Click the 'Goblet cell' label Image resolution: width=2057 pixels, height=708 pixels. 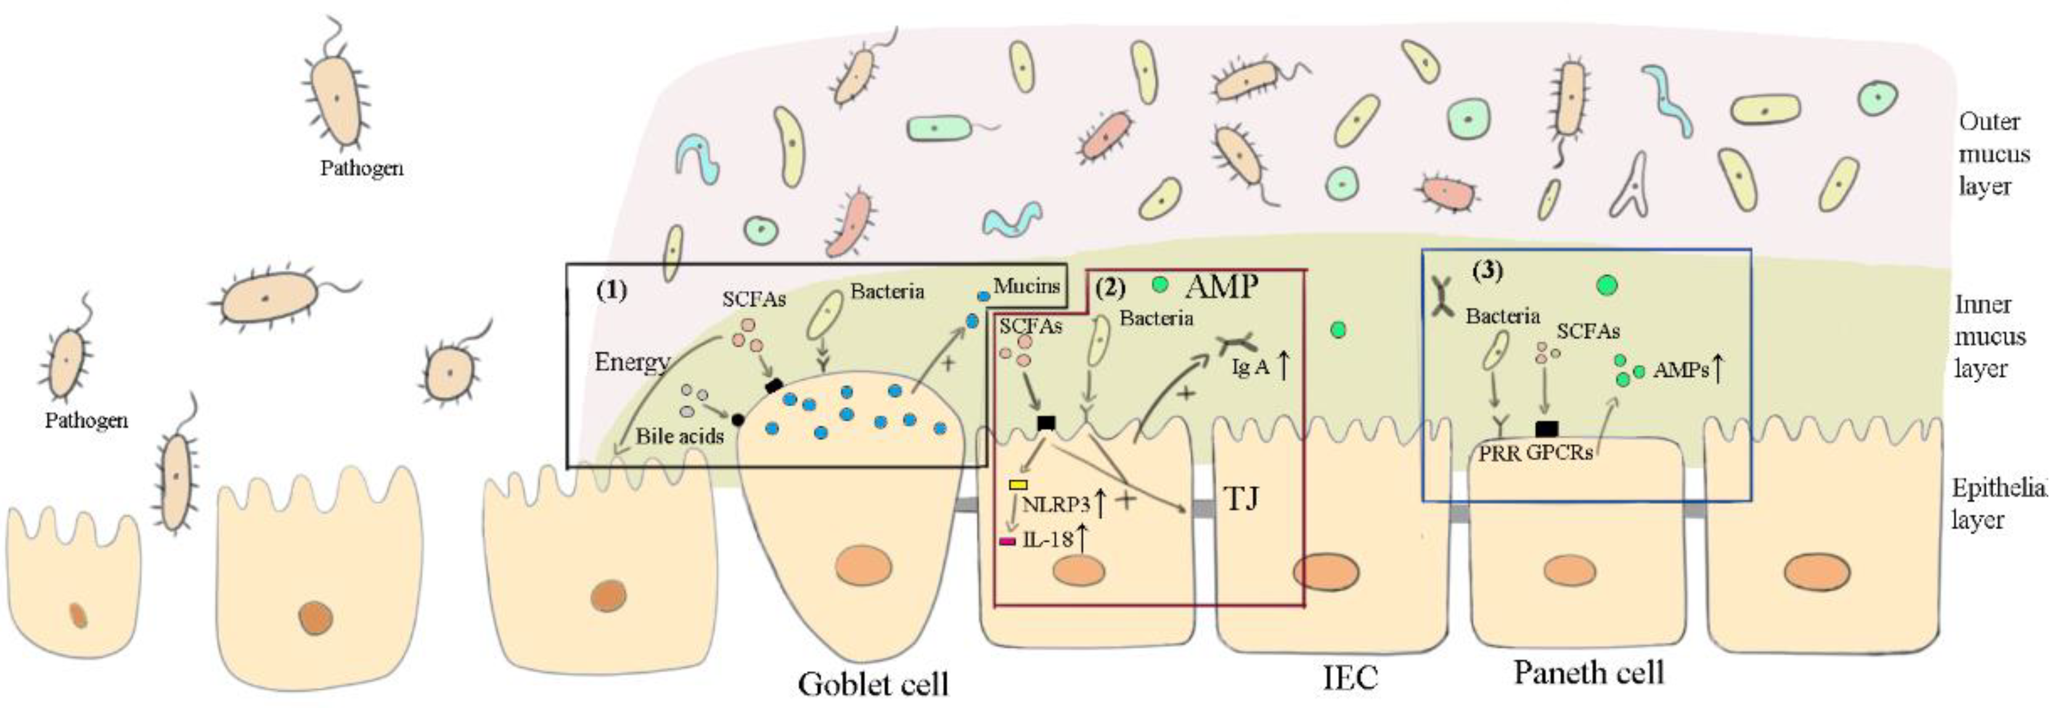(x=873, y=684)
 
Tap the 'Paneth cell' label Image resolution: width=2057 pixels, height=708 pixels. (x=1589, y=673)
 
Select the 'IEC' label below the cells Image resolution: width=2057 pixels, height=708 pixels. (x=1351, y=678)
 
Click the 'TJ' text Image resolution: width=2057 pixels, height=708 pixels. (x=1240, y=500)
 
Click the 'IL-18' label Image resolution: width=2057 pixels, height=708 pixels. (x=1046, y=540)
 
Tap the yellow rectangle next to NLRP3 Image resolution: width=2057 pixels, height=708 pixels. (x=1018, y=484)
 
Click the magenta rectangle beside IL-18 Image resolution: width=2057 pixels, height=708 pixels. (x=1008, y=541)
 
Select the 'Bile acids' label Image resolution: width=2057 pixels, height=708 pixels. (x=679, y=436)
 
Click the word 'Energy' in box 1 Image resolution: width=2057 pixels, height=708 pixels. (x=631, y=362)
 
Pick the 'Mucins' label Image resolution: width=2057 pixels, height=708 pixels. (x=1026, y=286)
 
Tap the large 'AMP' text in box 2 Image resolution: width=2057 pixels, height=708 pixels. (x=1222, y=286)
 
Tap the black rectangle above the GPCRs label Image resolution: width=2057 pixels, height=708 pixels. (x=1546, y=429)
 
